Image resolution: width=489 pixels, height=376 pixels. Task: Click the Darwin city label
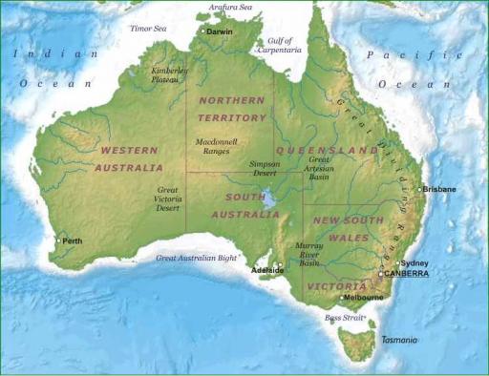click(220, 31)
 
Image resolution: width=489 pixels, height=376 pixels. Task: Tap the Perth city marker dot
click(58, 240)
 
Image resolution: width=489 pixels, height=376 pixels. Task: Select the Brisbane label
click(440, 189)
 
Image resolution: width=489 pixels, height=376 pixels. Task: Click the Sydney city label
click(415, 262)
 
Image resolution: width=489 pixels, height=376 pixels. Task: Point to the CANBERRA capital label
click(406, 273)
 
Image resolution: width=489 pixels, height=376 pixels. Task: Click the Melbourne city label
click(363, 298)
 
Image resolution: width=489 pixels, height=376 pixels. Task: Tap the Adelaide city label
click(267, 270)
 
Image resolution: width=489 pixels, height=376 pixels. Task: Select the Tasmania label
click(399, 340)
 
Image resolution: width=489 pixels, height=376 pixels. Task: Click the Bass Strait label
click(345, 317)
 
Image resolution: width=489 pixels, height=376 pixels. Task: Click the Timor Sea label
click(148, 29)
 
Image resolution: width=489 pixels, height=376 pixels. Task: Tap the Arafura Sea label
click(231, 8)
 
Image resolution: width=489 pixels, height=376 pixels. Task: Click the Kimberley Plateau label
click(170, 74)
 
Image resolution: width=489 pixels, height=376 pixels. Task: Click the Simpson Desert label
click(265, 168)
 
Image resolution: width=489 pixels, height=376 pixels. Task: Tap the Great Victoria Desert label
click(167, 198)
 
